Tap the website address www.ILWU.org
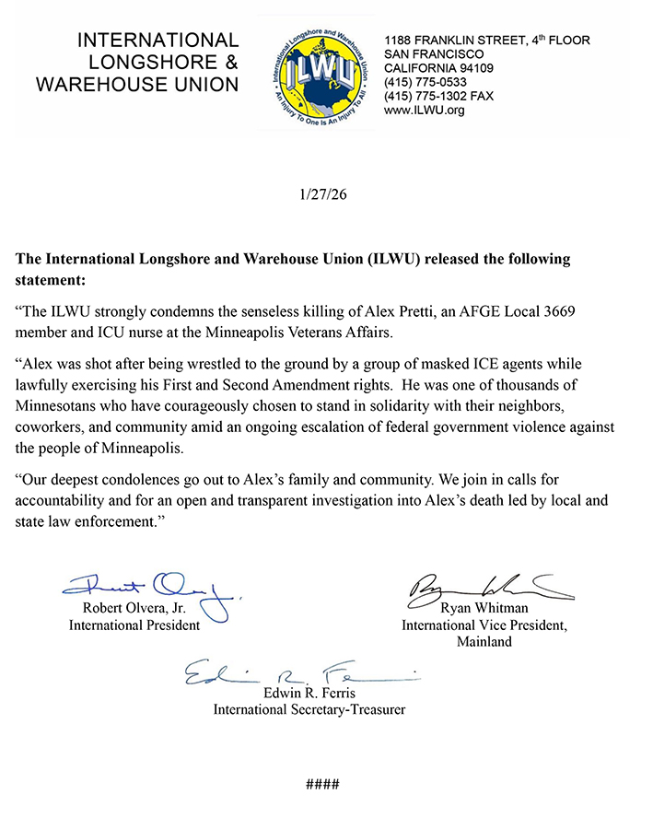(425, 111)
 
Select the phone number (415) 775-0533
(426, 81)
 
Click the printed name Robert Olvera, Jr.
(134, 609)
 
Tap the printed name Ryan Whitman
(484, 609)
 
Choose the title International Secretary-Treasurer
(309, 709)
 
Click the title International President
(134, 625)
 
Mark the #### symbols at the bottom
(322, 785)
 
